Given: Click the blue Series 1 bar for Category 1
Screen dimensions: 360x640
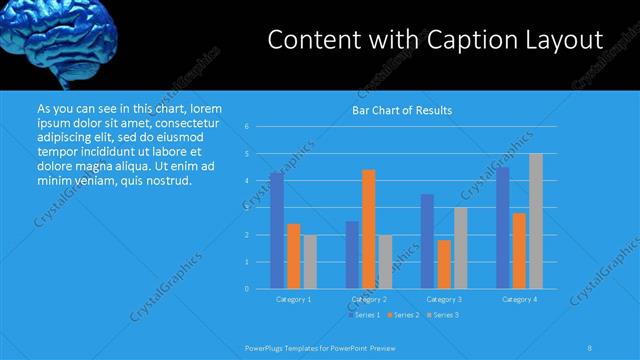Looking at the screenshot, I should click(276, 231).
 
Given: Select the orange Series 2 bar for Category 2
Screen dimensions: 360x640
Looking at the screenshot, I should click(368, 229).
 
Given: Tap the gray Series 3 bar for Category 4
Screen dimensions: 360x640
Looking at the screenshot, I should click(536, 221).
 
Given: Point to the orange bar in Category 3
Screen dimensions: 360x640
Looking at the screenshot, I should click(444, 264).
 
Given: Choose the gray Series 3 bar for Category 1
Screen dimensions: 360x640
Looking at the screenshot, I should click(310, 262).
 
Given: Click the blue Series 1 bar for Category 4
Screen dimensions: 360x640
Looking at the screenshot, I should click(502, 228).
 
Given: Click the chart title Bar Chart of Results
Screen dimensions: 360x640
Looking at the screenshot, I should click(402, 110).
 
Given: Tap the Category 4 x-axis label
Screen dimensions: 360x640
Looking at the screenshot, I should click(519, 299).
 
